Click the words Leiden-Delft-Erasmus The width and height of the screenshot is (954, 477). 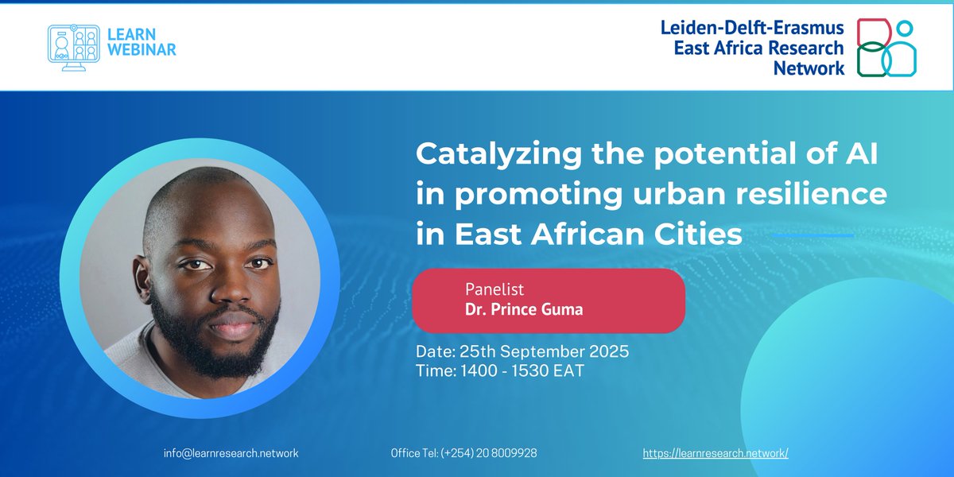(752, 28)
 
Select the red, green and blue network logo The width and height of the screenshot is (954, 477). (886, 48)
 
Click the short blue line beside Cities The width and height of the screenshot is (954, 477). (813, 235)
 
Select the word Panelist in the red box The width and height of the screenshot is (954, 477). (494, 289)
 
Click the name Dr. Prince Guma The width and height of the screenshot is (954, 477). (524, 309)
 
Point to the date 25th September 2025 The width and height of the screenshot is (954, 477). (522, 351)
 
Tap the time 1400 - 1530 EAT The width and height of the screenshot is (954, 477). (500, 370)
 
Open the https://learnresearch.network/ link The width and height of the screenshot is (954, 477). (715, 453)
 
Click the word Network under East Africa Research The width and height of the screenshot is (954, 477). (809, 68)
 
